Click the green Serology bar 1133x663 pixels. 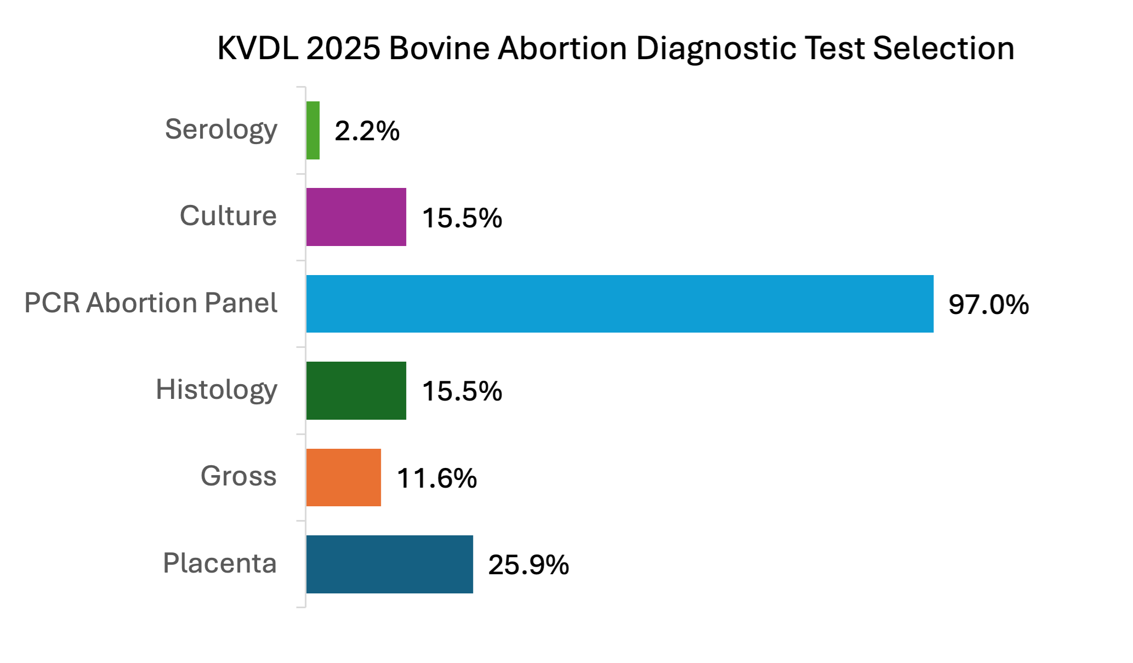point(313,130)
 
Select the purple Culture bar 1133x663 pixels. point(356,217)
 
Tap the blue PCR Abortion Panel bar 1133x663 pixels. point(619,304)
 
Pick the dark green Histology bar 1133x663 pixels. point(356,391)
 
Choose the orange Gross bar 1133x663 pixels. point(344,477)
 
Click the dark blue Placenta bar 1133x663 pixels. point(389,564)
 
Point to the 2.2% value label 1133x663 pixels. point(367,131)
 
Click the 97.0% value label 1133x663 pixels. point(988,305)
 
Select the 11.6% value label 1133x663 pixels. point(436,478)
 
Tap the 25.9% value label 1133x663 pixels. point(528,564)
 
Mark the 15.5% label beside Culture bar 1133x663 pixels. point(462,218)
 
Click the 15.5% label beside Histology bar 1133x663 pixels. point(462,391)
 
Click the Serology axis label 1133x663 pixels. point(221,130)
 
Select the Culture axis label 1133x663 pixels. point(228,216)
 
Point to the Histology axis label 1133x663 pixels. point(217,390)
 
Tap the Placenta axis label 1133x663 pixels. point(220,563)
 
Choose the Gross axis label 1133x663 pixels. point(238,476)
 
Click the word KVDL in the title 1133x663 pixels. point(258,48)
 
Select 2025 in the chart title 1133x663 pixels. point(343,48)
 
